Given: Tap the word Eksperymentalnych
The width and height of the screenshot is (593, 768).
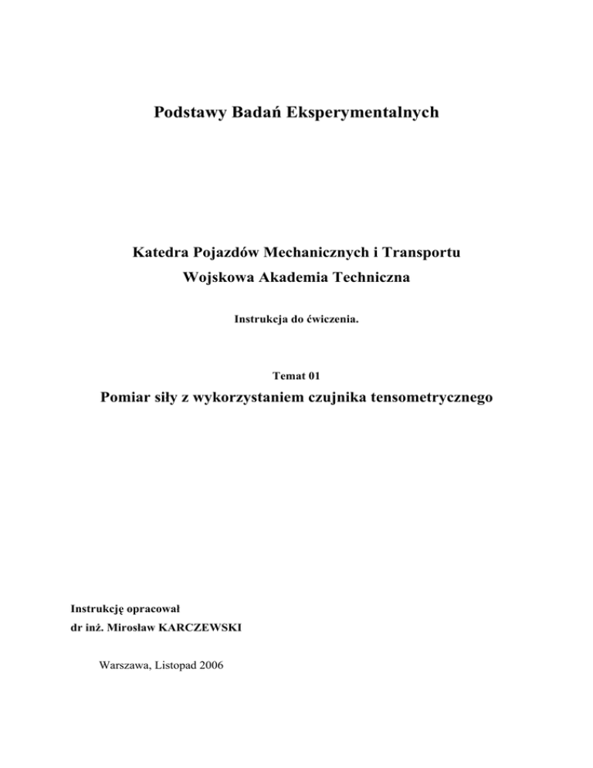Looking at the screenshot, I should coord(363,114).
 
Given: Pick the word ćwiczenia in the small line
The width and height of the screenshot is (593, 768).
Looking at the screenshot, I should coord(336,318).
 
